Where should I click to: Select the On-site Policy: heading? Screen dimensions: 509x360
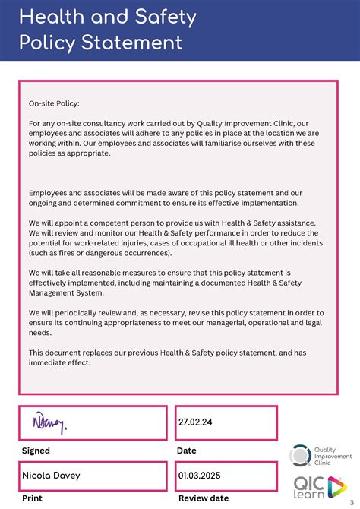pyautogui.click(x=54, y=103)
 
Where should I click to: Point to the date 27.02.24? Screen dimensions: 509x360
pyautogui.click(x=194, y=421)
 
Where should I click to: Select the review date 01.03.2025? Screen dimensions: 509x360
pyautogui.click(x=201, y=476)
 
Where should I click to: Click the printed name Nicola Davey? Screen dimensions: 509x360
pyautogui.click(x=51, y=476)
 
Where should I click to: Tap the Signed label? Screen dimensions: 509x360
pyautogui.click(x=36, y=451)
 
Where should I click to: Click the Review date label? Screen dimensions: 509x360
pyautogui.click(x=203, y=498)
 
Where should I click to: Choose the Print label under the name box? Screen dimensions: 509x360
pyautogui.click(x=32, y=498)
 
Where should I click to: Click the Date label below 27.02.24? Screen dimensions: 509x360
pyautogui.click(x=186, y=451)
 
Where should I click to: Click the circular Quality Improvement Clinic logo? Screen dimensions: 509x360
pyautogui.click(x=301, y=456)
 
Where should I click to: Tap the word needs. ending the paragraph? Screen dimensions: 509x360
pyautogui.click(x=40, y=333)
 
